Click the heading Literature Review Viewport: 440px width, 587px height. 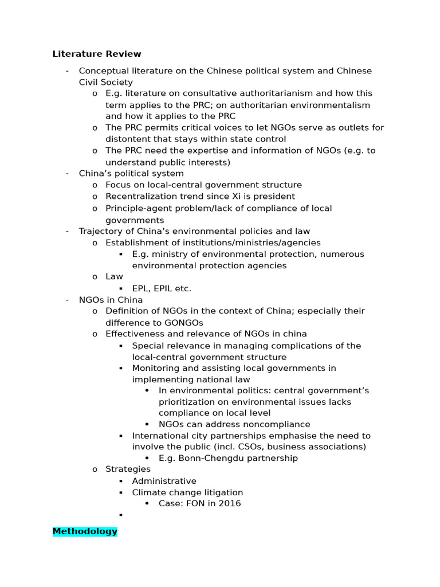click(x=96, y=54)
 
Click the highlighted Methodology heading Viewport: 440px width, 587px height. click(x=85, y=531)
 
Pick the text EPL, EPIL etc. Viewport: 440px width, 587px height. click(x=162, y=288)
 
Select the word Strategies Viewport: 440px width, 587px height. click(x=128, y=469)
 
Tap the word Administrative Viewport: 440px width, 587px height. click(x=164, y=481)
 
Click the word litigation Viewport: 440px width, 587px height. click(x=220, y=492)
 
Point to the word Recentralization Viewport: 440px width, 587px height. click(x=140, y=196)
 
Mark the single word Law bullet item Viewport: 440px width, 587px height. click(x=114, y=276)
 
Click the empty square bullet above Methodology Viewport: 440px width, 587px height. click(x=121, y=515)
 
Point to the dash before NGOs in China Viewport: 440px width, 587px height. click(x=67, y=300)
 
